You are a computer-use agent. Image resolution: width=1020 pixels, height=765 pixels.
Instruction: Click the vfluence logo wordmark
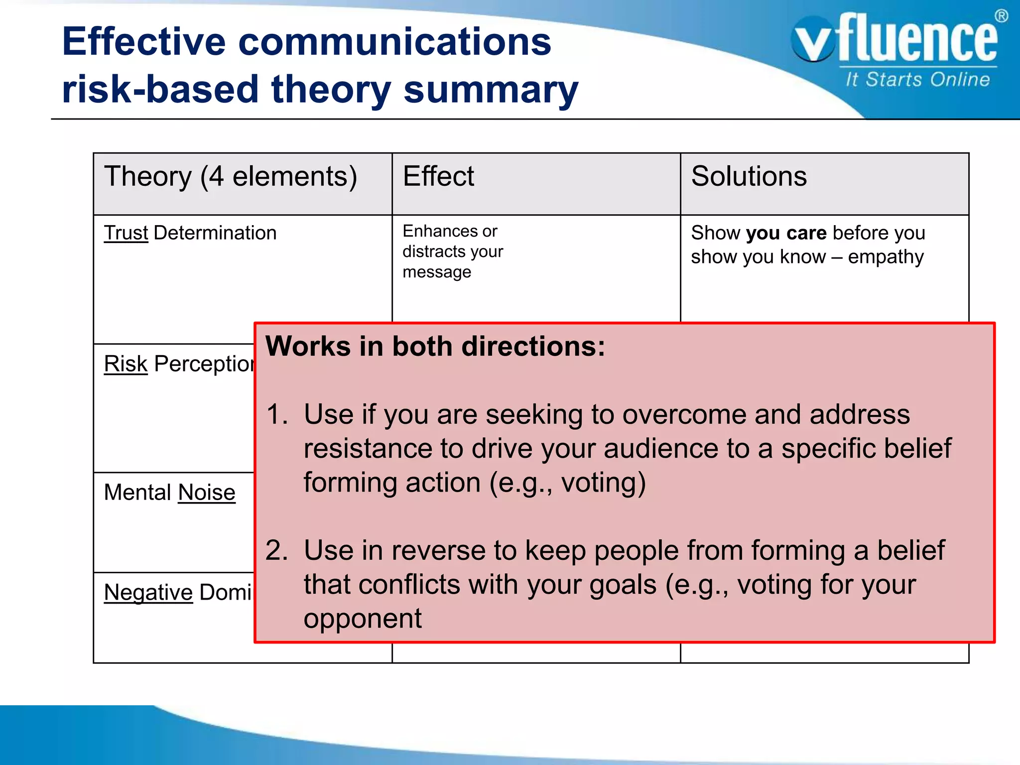tap(896, 40)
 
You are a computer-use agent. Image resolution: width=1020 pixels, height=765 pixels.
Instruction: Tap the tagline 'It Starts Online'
tap(917, 80)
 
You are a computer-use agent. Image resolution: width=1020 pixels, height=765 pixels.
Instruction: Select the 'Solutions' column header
tap(749, 176)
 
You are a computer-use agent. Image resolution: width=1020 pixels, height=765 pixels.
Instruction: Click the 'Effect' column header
tap(438, 176)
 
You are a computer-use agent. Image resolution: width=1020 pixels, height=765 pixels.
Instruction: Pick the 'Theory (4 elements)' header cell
tap(231, 177)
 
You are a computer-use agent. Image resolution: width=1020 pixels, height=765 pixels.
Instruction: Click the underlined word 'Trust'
tap(126, 233)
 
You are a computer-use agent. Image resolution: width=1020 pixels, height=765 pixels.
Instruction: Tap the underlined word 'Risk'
tap(126, 364)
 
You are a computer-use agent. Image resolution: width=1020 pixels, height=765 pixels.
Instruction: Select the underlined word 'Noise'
tap(207, 493)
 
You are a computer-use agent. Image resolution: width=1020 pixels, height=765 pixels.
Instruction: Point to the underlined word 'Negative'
tap(148, 593)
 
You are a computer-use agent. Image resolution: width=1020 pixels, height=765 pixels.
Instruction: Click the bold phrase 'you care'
tap(786, 233)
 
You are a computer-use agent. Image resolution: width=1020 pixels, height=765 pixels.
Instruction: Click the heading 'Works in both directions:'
tap(435, 346)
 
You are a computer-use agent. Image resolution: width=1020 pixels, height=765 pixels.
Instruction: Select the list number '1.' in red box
tap(277, 414)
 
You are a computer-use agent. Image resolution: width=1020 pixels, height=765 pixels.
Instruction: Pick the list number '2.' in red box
tap(277, 550)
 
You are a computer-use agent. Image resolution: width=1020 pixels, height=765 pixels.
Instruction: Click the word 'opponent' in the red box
tap(363, 619)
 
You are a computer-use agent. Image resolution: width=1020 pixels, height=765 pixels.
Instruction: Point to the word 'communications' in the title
tap(394, 42)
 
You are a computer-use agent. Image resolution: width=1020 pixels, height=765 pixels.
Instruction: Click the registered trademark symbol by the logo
tap(1001, 16)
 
